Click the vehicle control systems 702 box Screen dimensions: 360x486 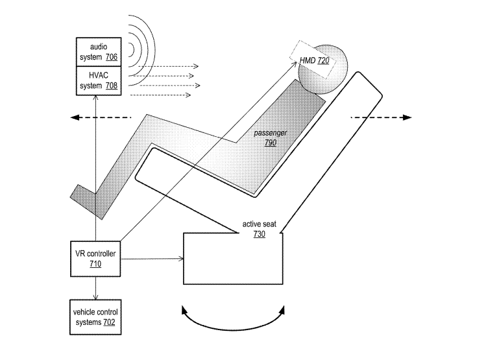coord(95,317)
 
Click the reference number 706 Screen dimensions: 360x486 coord(112,57)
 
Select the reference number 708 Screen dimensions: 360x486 coord(112,86)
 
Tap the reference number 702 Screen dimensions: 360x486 coord(110,322)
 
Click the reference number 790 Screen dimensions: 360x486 coord(270,141)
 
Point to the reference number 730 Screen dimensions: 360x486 coord(260,234)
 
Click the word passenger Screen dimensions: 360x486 coord(271,132)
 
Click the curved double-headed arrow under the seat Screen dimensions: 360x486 coord(234,322)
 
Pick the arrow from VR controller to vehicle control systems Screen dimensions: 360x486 coord(96,286)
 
